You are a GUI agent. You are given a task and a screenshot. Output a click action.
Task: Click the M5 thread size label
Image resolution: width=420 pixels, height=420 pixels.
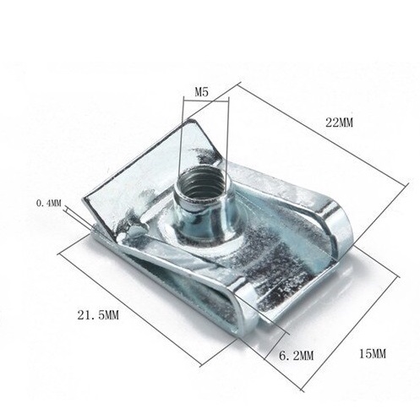point(202,92)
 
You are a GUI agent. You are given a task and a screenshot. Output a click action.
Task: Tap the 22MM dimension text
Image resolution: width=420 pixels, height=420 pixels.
point(339,123)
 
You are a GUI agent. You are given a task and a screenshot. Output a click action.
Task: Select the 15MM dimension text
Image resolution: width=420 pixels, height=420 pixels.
point(373,354)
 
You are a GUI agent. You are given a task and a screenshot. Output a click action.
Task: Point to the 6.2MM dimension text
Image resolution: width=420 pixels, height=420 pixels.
point(296,356)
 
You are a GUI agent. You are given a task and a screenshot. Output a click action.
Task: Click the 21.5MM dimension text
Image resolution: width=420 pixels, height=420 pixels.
point(98,315)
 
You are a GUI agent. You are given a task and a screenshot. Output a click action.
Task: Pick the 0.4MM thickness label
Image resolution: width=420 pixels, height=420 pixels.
point(48,203)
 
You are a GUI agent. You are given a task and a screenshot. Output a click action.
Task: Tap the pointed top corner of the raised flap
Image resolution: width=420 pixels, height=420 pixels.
point(191,121)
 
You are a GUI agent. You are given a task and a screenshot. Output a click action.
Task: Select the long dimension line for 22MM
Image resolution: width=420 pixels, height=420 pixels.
point(324,134)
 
